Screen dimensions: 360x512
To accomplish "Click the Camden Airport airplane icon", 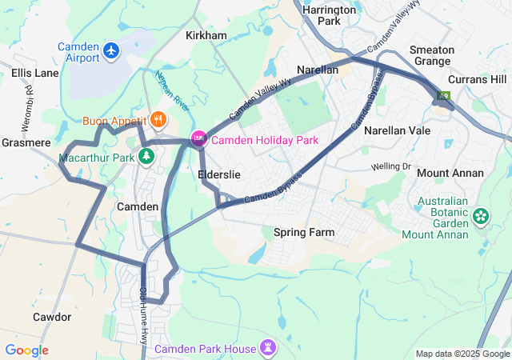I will click(111, 53).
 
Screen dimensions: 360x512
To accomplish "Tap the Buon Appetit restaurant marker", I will click(158, 120).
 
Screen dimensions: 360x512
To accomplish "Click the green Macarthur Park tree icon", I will click(146, 156).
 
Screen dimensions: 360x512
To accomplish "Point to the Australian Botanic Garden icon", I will click(481, 215).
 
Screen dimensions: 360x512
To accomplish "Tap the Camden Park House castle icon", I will click(268, 349).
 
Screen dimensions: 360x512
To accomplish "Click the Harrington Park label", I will click(329, 15).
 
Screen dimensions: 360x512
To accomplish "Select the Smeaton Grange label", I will click(432, 55).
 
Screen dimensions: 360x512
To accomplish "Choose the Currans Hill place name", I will click(478, 79).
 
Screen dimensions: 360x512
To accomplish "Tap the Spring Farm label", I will click(303, 233).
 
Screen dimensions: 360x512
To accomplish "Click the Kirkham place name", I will click(206, 36).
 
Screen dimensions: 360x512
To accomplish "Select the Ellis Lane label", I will click(35, 73).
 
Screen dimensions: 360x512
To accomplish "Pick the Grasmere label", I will click(26, 143).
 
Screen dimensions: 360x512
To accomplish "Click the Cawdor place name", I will click(52, 317).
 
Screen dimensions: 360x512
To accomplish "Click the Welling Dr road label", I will click(390, 166).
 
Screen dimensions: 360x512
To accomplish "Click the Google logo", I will click(26, 350).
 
